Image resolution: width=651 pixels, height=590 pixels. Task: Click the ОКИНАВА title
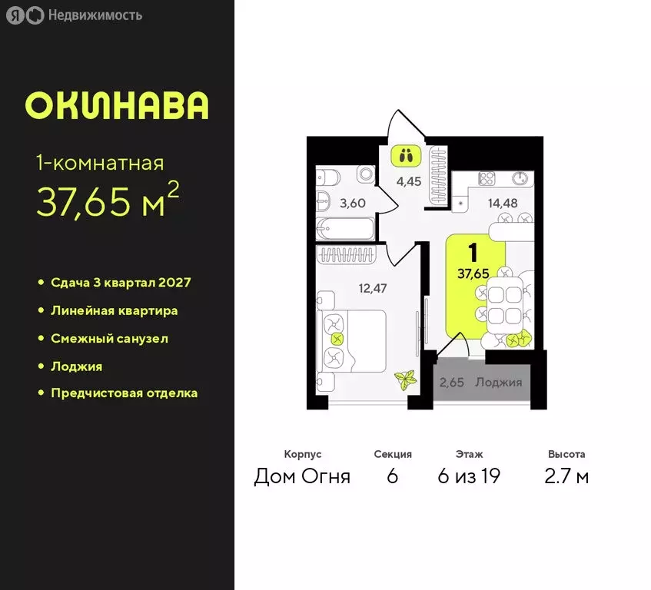(117, 106)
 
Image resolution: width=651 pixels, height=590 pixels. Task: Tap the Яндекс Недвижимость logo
(75, 15)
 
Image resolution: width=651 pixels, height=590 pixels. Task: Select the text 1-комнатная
(100, 162)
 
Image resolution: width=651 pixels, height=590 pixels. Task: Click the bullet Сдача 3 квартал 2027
(121, 283)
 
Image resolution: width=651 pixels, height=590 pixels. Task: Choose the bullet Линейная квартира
(114, 310)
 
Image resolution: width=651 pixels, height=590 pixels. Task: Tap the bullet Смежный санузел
(109, 338)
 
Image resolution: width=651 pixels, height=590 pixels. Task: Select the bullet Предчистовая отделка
(124, 393)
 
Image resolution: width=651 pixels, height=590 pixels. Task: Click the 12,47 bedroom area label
(372, 288)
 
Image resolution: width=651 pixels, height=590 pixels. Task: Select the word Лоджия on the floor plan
(498, 383)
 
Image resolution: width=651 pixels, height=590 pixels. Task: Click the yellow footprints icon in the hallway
(406, 155)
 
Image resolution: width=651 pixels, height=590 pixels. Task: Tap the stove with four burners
(488, 178)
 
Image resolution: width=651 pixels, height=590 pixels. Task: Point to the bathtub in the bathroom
(345, 229)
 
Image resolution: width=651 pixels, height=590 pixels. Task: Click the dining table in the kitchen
(504, 303)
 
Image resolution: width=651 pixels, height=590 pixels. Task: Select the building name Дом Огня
(302, 476)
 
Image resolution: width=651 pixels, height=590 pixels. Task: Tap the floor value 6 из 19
(468, 476)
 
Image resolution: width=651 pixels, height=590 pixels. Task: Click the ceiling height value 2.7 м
(566, 476)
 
